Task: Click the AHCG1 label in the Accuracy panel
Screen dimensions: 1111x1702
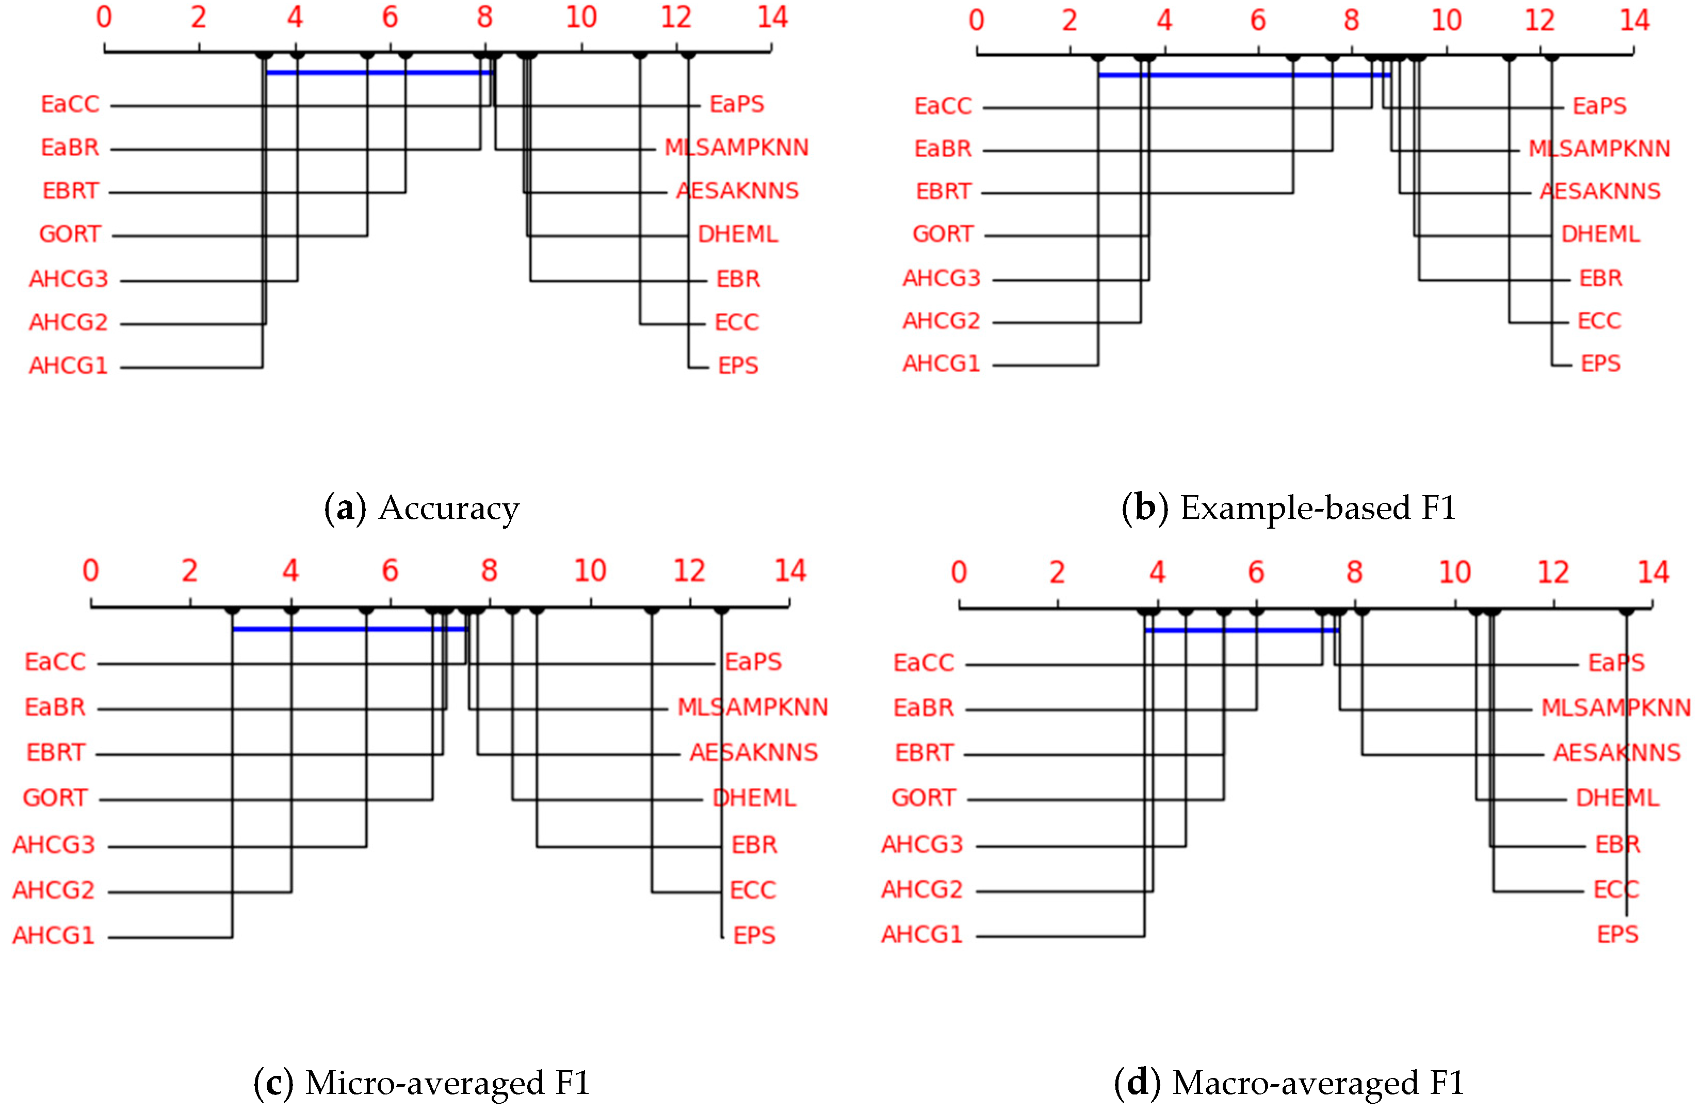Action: (x=69, y=366)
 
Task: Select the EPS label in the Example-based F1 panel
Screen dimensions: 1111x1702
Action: (x=1600, y=363)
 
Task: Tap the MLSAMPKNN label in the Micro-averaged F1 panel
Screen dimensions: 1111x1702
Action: (x=752, y=707)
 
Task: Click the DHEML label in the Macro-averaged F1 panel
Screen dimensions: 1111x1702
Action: (x=1617, y=798)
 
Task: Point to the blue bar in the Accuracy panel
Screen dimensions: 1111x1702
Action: (x=379, y=73)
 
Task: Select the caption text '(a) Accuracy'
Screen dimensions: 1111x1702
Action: (x=422, y=508)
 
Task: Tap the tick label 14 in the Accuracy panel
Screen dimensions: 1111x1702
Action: (x=772, y=17)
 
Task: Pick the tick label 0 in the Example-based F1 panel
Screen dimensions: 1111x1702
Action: (x=976, y=20)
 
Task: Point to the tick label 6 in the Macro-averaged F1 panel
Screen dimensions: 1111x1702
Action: (x=1256, y=573)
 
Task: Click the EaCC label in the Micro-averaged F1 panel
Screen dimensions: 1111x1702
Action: (x=55, y=662)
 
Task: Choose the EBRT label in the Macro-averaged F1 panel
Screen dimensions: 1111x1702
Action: (x=924, y=753)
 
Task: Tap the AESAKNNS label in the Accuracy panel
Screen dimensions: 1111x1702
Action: (x=737, y=191)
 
